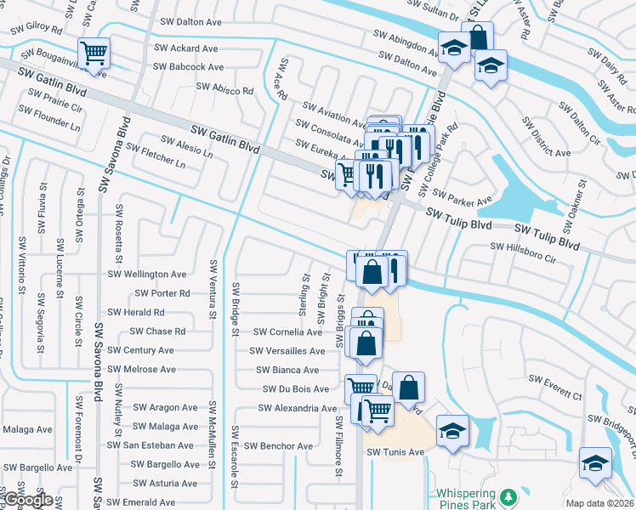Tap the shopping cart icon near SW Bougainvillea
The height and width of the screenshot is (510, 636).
pyautogui.click(x=94, y=54)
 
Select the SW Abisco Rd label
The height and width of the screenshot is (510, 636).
pyautogui.click(x=225, y=88)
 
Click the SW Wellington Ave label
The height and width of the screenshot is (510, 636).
pyautogui.click(x=146, y=275)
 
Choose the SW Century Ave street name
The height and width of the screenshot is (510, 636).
pyautogui.click(x=141, y=350)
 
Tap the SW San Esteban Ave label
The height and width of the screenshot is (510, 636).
pyautogui.click(x=150, y=445)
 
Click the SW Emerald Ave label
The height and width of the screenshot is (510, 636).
pyautogui.click(x=141, y=502)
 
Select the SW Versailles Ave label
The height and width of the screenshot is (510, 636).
pyautogui.click(x=287, y=351)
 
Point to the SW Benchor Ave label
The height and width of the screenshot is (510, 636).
pyautogui.click(x=278, y=445)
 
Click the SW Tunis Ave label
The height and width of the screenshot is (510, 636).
pyautogui.click(x=395, y=452)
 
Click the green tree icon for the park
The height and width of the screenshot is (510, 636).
pyautogui.click(x=508, y=495)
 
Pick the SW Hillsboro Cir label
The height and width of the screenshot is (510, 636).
pyautogui.click(x=522, y=246)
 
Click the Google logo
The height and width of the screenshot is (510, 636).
pyautogui.click(x=29, y=501)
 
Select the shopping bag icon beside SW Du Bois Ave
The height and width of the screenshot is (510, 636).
pyautogui.click(x=408, y=387)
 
